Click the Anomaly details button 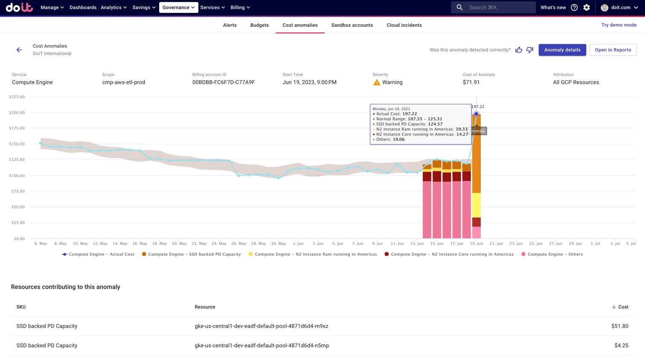click(562, 50)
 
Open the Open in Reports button click(613, 50)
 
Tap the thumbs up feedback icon click(519, 50)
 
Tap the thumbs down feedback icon click(530, 50)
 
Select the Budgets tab click(259, 25)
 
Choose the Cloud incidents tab click(404, 25)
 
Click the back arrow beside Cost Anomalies click(19, 50)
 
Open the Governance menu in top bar click(178, 7)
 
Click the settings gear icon click(587, 7)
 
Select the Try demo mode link click(619, 25)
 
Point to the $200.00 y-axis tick click(17, 113)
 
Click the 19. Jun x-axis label click(476, 244)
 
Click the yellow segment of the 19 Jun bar click(476, 205)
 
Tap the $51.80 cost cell click(619, 326)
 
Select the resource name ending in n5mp click(261, 345)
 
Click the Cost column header click(623, 307)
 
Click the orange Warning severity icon click(377, 82)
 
